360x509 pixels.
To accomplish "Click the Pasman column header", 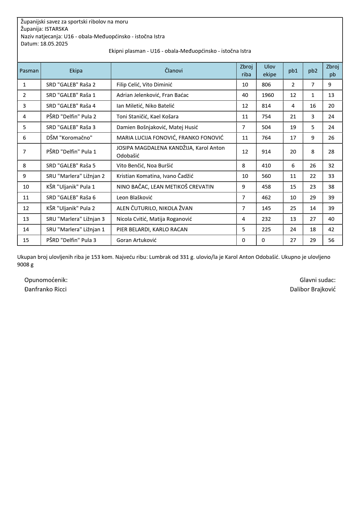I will (29, 71).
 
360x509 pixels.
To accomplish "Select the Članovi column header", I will (174, 71).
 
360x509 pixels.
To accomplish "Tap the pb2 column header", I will (313, 71).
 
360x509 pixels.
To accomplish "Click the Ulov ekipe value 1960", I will (268, 95).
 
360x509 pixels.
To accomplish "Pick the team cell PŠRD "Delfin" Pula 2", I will (71, 117).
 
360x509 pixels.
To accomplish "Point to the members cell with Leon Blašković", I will (134, 198).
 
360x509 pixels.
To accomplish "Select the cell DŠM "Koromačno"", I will (69, 138).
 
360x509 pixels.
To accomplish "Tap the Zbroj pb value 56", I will (331, 240).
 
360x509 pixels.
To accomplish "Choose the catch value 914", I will (266, 152).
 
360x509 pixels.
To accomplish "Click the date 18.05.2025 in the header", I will (54, 44).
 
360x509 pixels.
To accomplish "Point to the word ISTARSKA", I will (56, 29).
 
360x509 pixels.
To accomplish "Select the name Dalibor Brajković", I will (313, 289).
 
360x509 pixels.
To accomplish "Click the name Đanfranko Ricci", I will (46, 289).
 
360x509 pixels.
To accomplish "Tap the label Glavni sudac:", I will (318, 280).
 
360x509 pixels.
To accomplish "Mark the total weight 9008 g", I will (25, 265).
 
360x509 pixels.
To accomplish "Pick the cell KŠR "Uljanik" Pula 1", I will (71, 187).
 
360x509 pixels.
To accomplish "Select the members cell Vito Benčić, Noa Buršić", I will (145, 166).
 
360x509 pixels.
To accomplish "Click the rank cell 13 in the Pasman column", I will (26, 219).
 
